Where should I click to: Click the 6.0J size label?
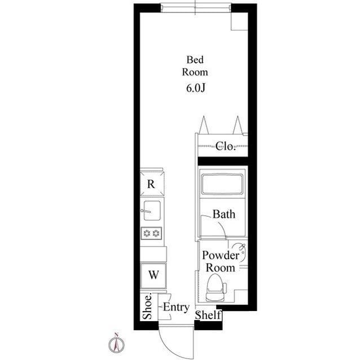coord(196,88)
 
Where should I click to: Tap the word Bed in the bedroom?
coord(195,60)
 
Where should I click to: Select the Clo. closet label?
coord(226,146)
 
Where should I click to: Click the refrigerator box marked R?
coord(152,184)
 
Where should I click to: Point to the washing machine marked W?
coord(153,275)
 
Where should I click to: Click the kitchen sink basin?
coord(152,210)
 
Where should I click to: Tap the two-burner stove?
coord(152,233)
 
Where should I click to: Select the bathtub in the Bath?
coord(222,184)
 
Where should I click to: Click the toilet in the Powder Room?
coord(215,287)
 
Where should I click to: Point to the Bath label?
coord(224,214)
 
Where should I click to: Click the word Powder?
coord(221,255)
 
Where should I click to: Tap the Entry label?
coord(177,307)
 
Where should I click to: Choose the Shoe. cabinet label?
coord(147,306)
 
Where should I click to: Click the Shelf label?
coord(208,315)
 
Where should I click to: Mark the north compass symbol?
coord(117,343)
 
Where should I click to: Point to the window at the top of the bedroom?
coord(196,8)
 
